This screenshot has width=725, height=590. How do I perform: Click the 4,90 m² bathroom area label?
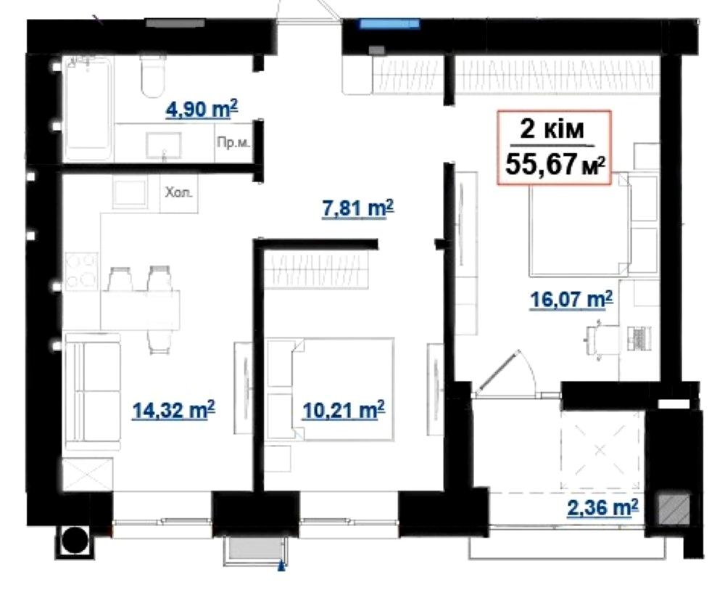coord(202,110)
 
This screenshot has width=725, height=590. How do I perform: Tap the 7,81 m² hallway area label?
coord(357,209)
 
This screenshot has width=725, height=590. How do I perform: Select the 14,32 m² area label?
coord(173,410)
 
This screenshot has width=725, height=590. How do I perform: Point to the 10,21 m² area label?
coord(343,410)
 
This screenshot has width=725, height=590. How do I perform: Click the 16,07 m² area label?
coord(571,300)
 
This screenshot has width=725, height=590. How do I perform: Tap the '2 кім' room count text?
coord(552,130)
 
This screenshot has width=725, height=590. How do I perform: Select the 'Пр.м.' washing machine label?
coord(233,142)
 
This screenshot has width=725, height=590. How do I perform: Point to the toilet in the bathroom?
coord(153,75)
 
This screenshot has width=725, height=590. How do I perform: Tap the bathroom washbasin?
coord(164,146)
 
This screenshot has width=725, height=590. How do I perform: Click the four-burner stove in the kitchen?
coord(81,271)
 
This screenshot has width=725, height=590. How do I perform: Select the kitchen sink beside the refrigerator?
coord(130,192)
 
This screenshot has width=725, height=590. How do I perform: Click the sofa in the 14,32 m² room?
coord(93,392)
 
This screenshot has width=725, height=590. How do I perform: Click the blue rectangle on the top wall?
coord(389,24)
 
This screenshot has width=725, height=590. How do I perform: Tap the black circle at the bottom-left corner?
coord(75,541)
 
